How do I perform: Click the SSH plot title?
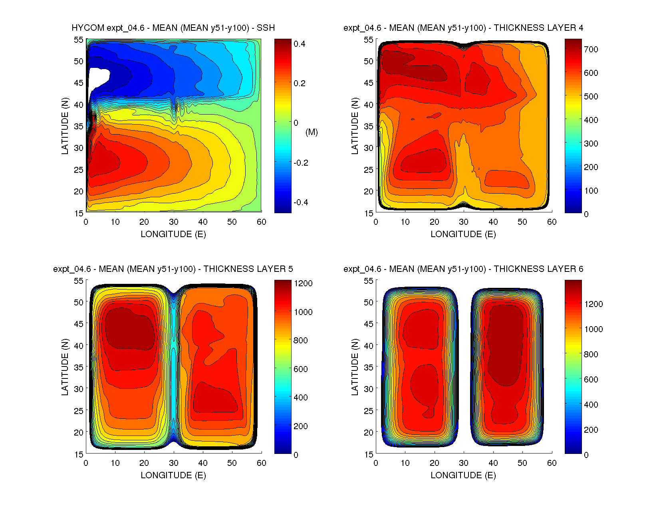tap(173, 28)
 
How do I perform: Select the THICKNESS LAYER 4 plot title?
tap(463, 28)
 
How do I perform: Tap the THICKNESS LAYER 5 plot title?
tap(173, 269)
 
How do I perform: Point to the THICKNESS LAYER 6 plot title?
tap(463, 269)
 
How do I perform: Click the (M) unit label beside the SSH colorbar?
tap(312, 132)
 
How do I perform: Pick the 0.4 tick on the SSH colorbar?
tap(299, 44)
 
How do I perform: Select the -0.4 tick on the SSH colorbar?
tap(300, 202)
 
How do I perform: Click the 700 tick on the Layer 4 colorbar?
tap(591, 50)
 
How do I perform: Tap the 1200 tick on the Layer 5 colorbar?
tap(303, 283)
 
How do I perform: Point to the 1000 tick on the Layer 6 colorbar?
tap(593, 329)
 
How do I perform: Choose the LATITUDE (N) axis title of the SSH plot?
tap(65, 126)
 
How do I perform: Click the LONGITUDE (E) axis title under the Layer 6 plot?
tap(463, 475)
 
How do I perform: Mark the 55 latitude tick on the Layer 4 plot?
tap(368, 40)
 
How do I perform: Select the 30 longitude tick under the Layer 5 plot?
tap(174, 463)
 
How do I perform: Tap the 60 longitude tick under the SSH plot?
tap(261, 222)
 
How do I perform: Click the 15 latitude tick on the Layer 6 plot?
tap(368, 454)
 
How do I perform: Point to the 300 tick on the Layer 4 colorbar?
tap(591, 144)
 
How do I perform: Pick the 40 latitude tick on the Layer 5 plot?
tap(78, 346)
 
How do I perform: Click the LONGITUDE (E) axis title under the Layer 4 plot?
tap(463, 234)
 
